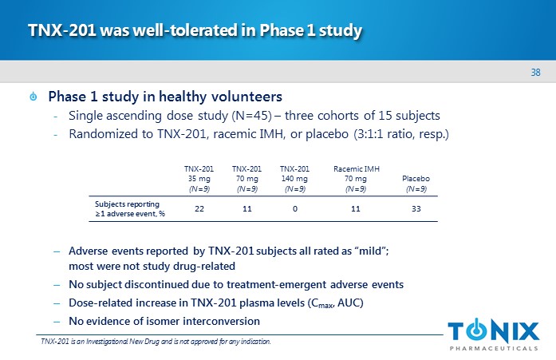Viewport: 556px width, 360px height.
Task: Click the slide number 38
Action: click(x=536, y=73)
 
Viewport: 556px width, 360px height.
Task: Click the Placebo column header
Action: click(x=416, y=184)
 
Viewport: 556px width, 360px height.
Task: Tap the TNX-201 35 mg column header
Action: click(x=199, y=179)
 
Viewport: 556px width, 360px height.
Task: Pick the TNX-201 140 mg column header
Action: click(x=294, y=179)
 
